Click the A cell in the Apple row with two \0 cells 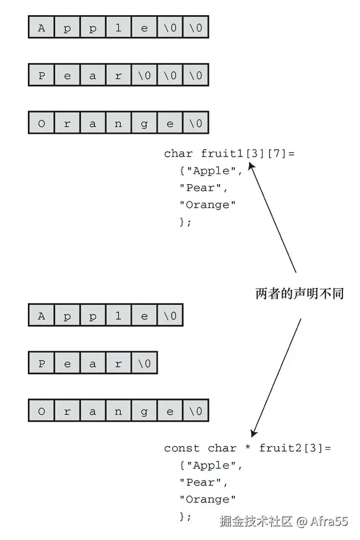click(x=41, y=28)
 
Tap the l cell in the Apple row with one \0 click(x=118, y=316)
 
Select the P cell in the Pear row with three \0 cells click(x=41, y=76)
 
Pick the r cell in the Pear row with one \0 click(x=118, y=364)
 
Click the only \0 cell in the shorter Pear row click(x=144, y=364)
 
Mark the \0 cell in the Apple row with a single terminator click(x=170, y=316)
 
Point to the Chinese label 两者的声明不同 click(x=300, y=293)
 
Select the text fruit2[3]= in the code click(x=295, y=448)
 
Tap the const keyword click(x=181, y=448)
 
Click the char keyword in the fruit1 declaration click(x=178, y=154)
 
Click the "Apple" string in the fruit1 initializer click(x=211, y=171)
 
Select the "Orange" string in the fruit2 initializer click(x=207, y=499)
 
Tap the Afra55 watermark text click(x=329, y=521)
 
